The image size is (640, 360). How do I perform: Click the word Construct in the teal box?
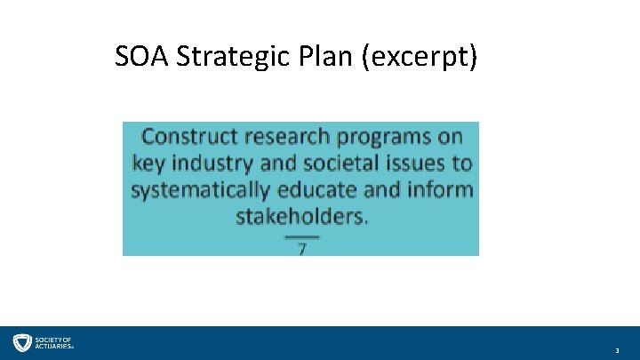coord(189,136)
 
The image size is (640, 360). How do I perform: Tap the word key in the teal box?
coord(149,164)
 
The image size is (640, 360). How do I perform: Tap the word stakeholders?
coord(301,216)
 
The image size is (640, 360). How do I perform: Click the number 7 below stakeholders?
coord(302,249)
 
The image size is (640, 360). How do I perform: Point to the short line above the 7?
coord(302,236)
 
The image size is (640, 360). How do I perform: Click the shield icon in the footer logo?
coord(21,343)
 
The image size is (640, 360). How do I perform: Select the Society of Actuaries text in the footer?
coord(54,343)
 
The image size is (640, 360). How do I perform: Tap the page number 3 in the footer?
coord(617,352)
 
